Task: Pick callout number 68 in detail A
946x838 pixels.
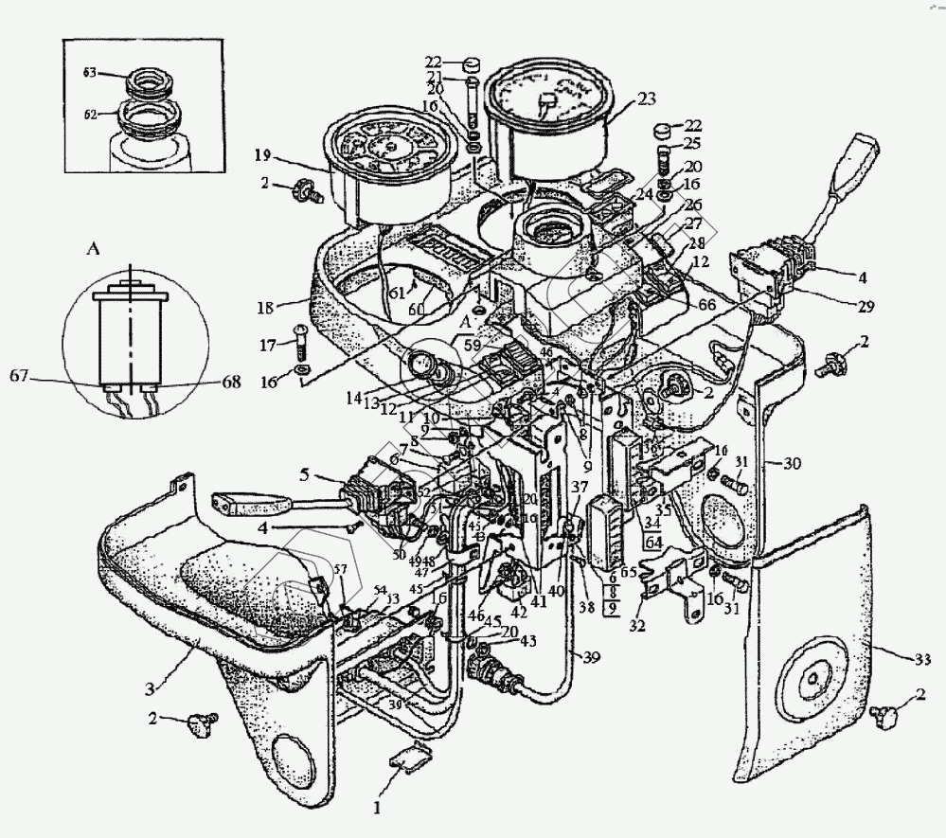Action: pos(230,382)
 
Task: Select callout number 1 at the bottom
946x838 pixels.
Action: pos(376,808)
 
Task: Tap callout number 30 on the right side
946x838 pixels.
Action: pos(793,463)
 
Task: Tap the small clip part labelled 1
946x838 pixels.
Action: pos(408,759)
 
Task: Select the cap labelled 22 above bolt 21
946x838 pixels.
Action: pos(471,64)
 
